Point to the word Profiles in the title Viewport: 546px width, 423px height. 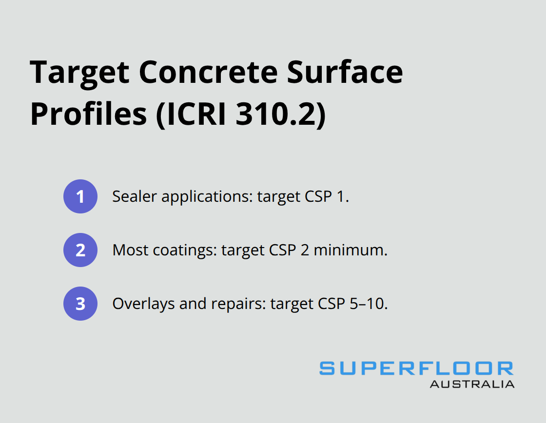88,115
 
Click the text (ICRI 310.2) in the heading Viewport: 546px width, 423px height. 240,115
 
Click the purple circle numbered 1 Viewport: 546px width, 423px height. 80,196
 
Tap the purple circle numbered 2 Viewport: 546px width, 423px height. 80,250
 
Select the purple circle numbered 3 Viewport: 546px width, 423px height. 80,304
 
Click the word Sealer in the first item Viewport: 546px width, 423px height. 127,196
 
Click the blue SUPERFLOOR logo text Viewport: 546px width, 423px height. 416,368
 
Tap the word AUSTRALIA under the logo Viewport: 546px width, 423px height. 471,384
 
